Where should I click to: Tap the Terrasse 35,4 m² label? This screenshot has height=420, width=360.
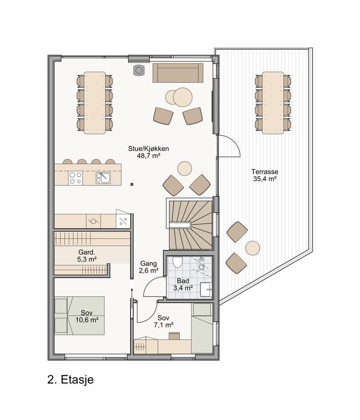click(x=265, y=175)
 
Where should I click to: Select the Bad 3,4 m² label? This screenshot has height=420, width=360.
click(x=183, y=285)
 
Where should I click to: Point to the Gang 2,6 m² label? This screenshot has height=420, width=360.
click(x=149, y=267)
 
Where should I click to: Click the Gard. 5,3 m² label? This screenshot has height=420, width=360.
click(x=87, y=256)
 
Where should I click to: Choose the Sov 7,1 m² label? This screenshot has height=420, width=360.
click(x=163, y=321)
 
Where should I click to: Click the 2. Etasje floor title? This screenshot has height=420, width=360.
click(x=70, y=379)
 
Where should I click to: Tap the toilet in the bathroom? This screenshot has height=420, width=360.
click(x=177, y=262)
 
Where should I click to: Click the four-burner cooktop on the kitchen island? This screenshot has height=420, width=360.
click(x=75, y=178)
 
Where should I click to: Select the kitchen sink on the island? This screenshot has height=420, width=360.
click(x=103, y=178)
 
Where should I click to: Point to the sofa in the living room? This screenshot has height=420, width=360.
click(x=178, y=72)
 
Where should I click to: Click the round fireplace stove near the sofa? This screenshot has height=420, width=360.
click(x=138, y=70)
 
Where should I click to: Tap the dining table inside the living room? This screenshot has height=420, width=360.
click(x=94, y=103)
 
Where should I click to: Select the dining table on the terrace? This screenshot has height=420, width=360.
click(x=273, y=103)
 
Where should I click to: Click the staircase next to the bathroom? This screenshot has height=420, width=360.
click(x=191, y=225)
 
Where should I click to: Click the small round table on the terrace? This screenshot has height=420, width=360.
click(x=252, y=248)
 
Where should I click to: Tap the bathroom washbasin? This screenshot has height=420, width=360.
click(x=207, y=289)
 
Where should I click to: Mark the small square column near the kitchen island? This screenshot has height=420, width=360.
click(x=132, y=184)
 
